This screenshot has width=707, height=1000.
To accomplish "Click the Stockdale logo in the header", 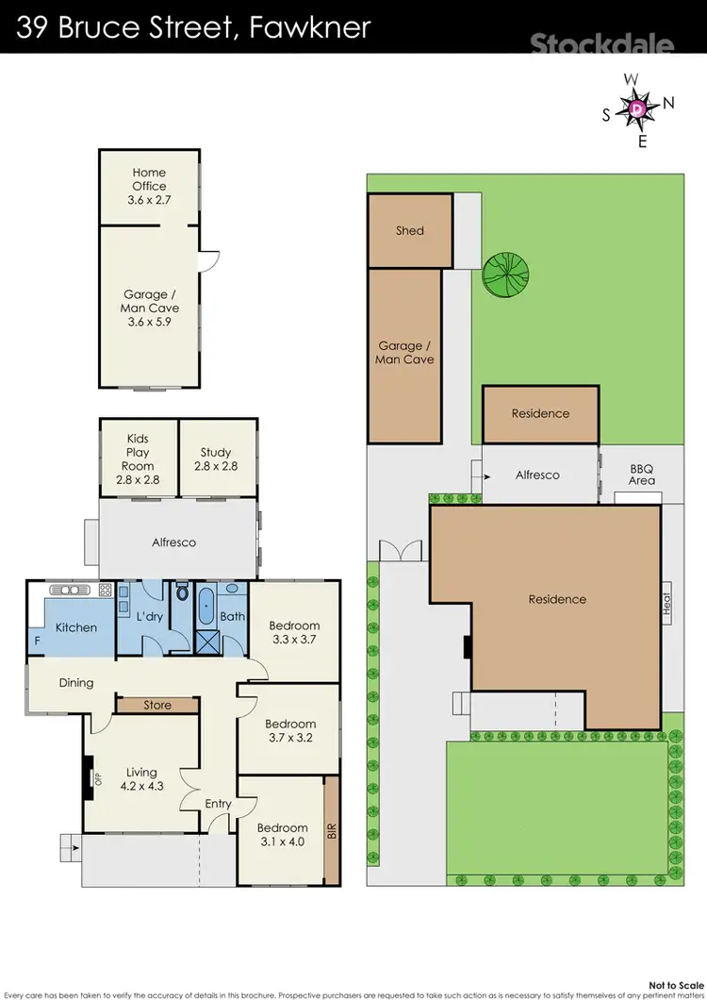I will pos(601,43).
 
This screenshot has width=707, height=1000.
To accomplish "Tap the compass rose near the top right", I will pos(638,109).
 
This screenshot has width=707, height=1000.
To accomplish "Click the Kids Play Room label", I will pos(138,459).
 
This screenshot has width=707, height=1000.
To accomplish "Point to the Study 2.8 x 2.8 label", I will pos(216,459).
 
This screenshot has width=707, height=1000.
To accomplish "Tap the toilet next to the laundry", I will pos(182,596).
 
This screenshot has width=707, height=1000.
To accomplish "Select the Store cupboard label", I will pos(157,705).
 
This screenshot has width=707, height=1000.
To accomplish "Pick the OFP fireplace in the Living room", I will pos(93,778).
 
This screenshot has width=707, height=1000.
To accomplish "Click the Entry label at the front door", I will pos(218,804).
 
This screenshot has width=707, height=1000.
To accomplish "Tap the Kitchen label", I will pos(75,627).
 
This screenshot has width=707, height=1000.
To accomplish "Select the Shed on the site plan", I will pos(410,230).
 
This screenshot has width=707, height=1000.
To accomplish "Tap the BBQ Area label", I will pos(642,475).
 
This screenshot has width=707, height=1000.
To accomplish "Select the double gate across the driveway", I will pos(396,551).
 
